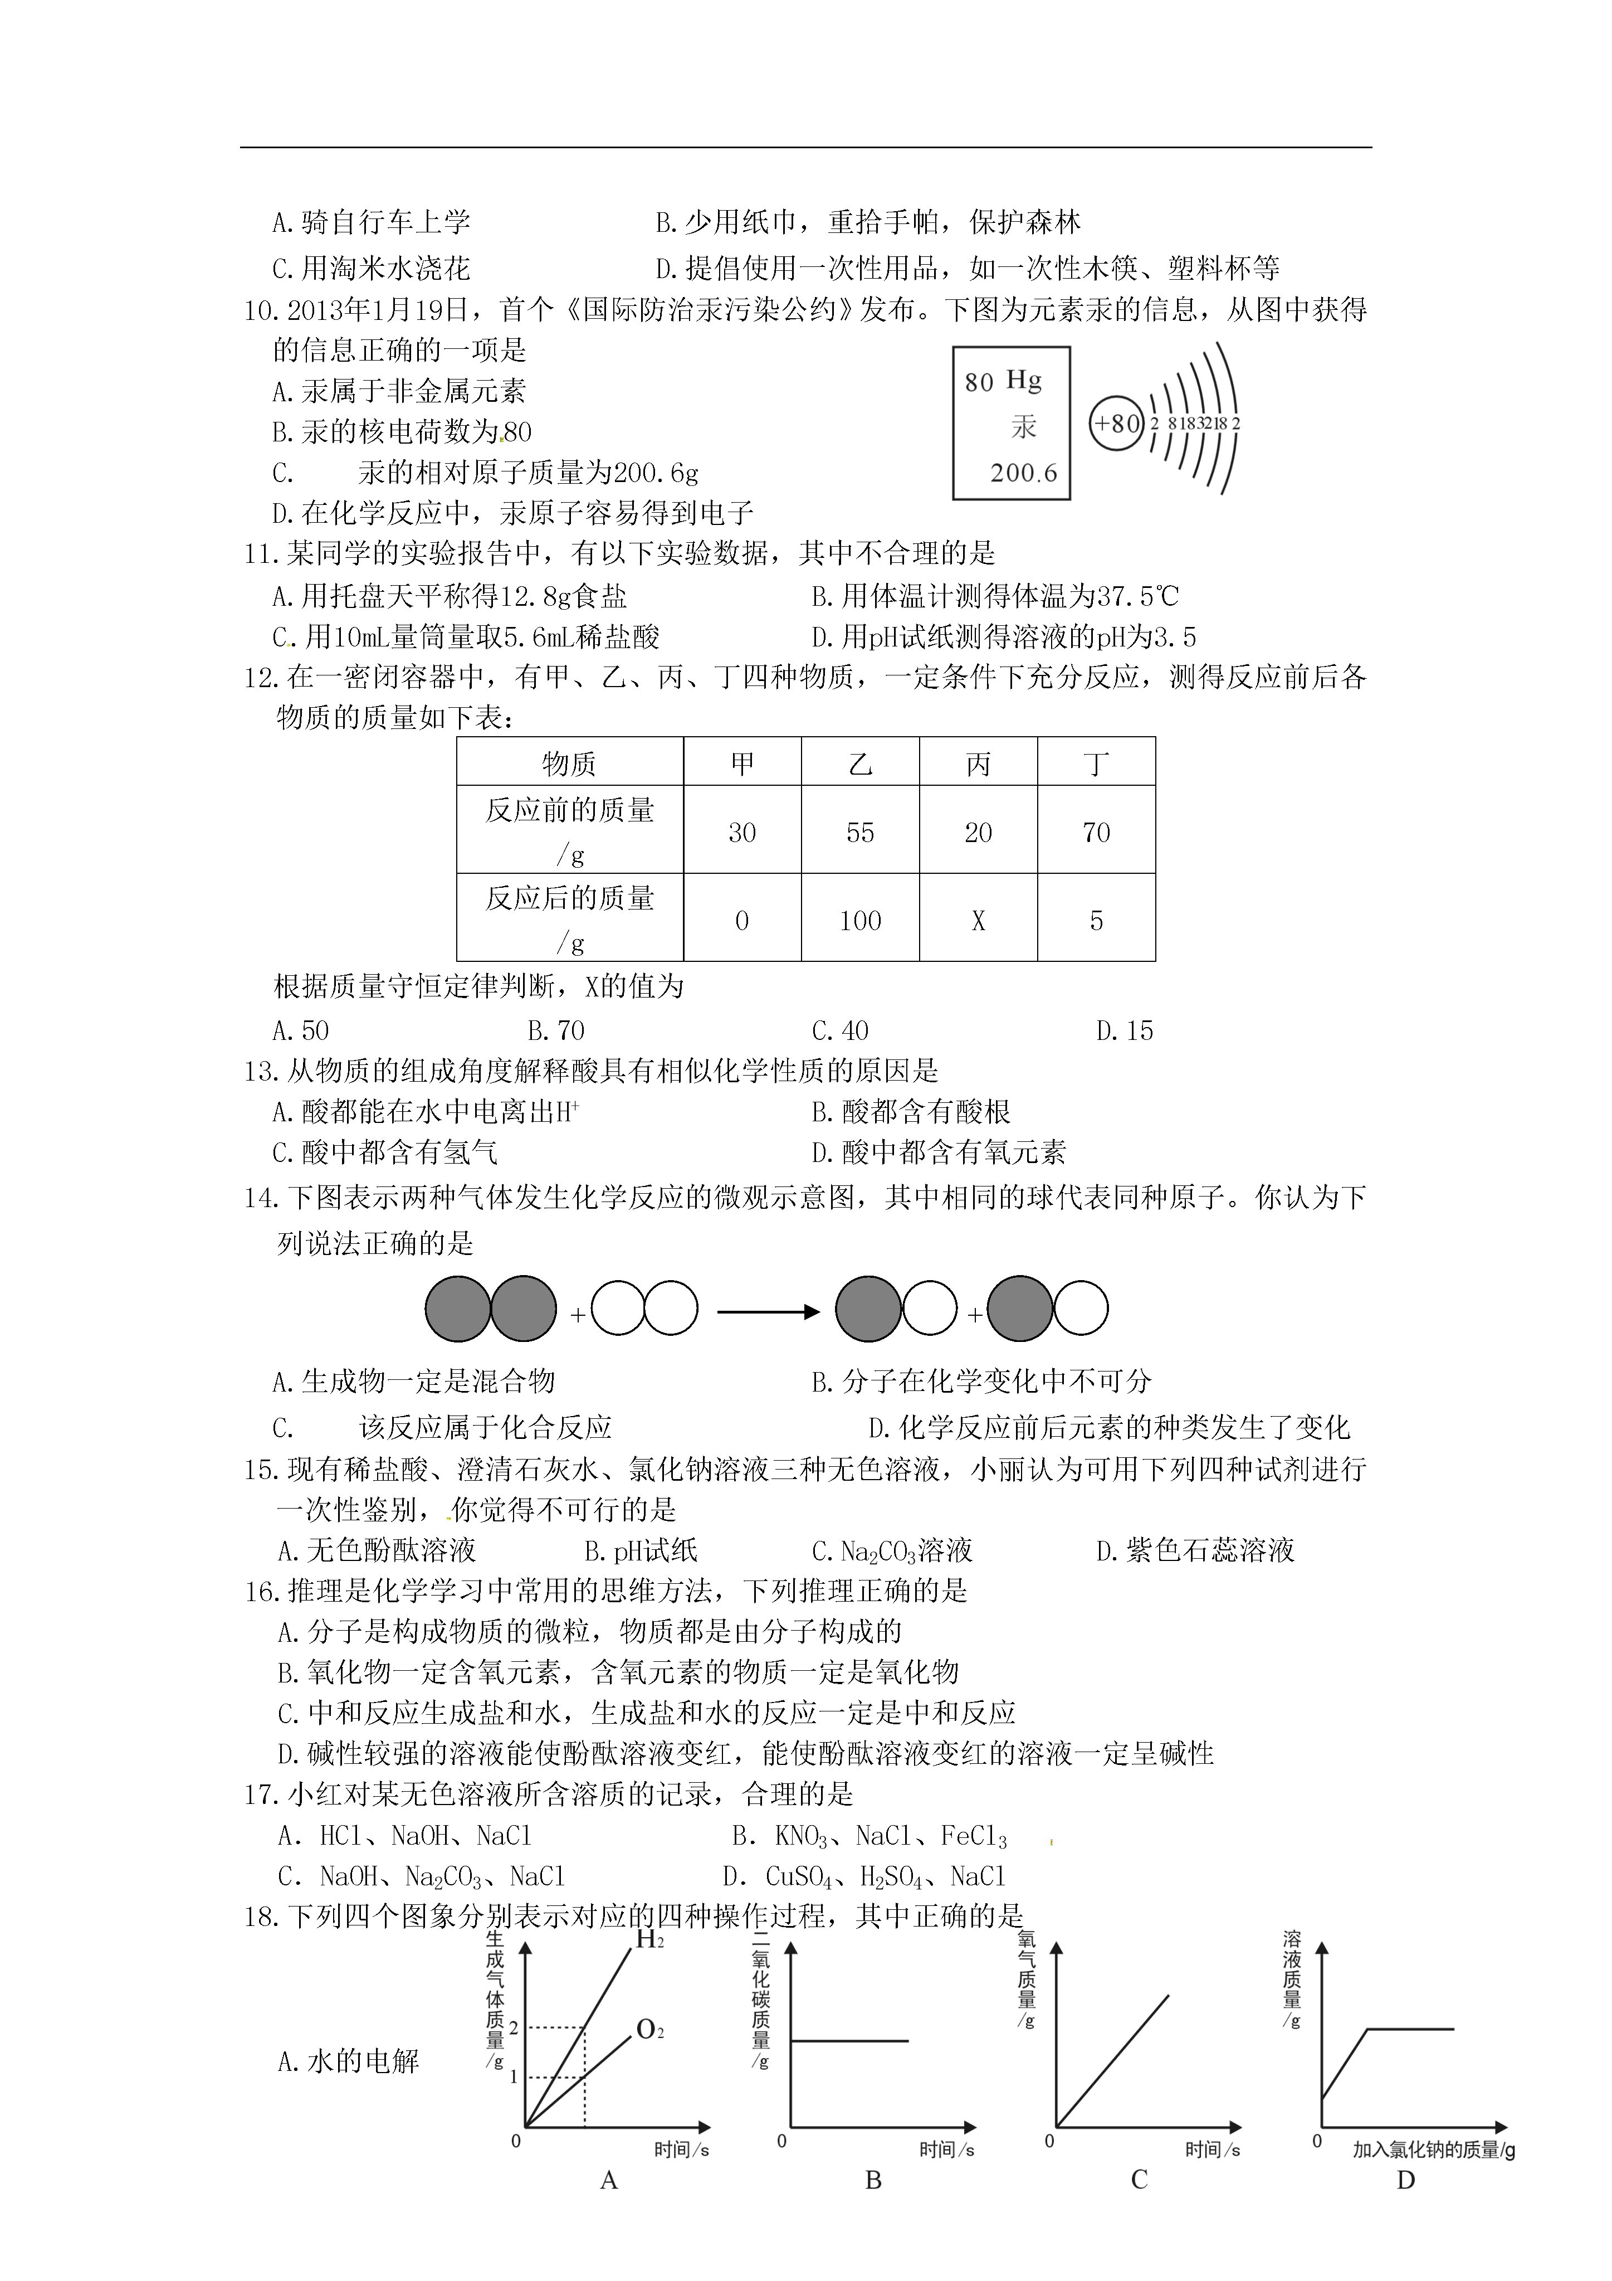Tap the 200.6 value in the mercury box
pyautogui.click(x=1023, y=473)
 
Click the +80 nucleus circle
pyautogui.click(x=1116, y=423)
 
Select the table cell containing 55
pyautogui.click(x=860, y=833)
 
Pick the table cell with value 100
pyautogui.click(x=860, y=921)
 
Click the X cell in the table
pyautogui.click(x=978, y=921)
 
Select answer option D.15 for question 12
pyautogui.click(x=1124, y=1031)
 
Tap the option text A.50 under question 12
pyautogui.click(x=300, y=1031)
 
